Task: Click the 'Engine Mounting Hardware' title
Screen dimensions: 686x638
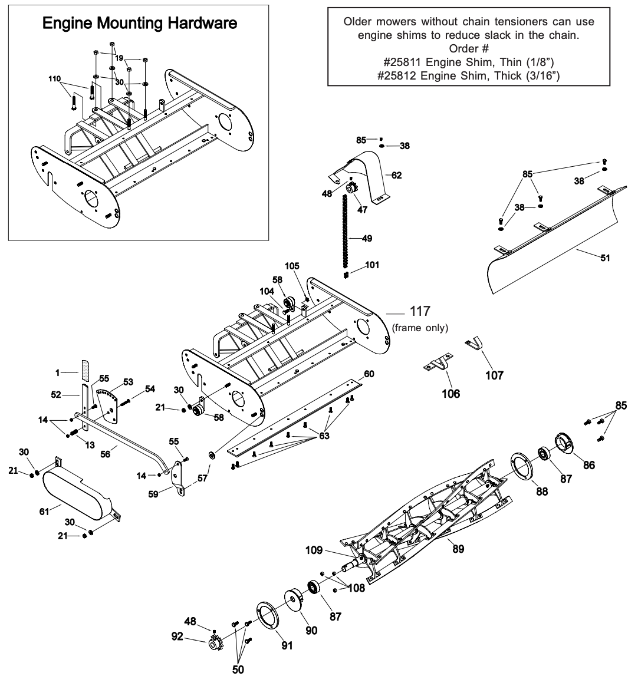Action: coord(140,24)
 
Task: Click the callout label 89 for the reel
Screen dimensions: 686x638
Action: coord(458,549)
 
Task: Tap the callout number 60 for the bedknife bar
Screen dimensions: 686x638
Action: coord(369,374)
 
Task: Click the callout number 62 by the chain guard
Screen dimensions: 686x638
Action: coord(396,175)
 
